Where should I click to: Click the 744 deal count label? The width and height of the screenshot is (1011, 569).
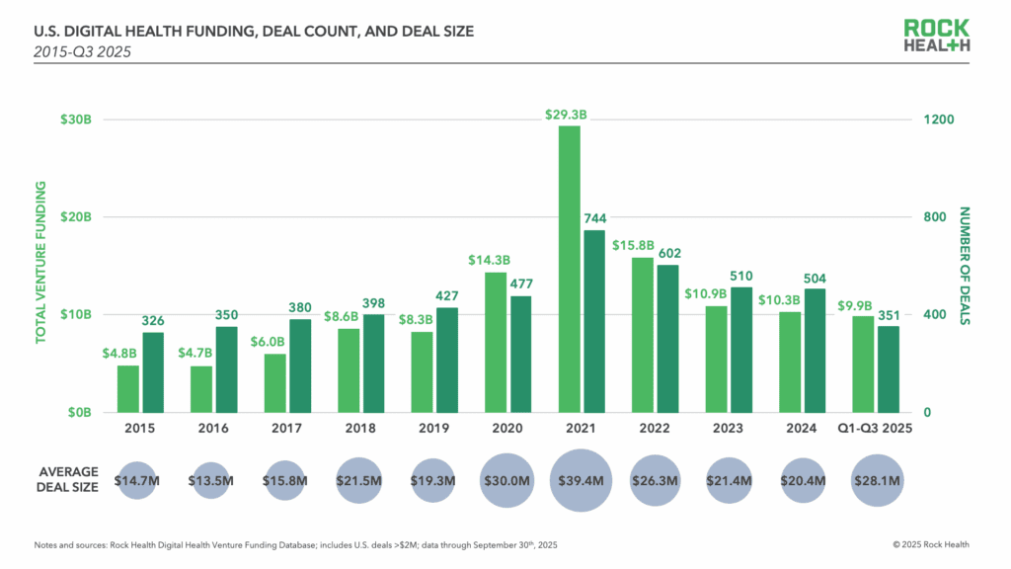(594, 218)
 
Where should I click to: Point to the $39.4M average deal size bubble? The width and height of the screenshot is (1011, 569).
(582, 481)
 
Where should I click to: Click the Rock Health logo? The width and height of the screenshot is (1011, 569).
(937, 36)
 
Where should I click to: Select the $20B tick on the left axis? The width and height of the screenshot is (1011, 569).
(75, 217)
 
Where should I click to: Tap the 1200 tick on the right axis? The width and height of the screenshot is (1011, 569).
(938, 120)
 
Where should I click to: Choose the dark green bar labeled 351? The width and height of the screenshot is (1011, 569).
(889, 368)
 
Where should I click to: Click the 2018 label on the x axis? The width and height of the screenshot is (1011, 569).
(361, 429)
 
